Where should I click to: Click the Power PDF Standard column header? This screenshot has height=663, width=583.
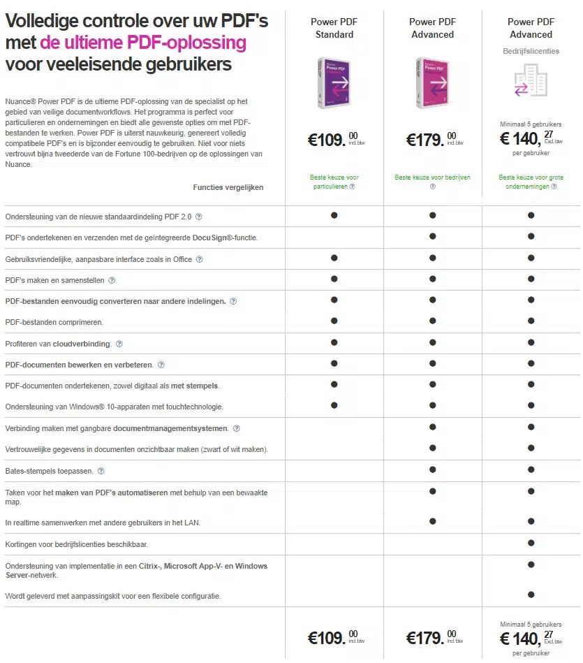tap(334, 28)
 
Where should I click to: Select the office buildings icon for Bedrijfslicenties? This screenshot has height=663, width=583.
tap(531, 80)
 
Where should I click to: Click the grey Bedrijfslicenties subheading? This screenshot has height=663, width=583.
tap(531, 51)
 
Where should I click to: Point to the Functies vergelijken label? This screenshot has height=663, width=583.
tap(228, 187)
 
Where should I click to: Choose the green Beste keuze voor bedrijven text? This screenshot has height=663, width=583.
tap(432, 177)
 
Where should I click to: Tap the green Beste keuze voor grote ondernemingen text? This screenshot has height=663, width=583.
tap(531, 182)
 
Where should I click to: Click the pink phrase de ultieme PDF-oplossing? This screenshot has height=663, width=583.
tap(143, 43)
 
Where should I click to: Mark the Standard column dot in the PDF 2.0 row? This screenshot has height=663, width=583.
tap(334, 215)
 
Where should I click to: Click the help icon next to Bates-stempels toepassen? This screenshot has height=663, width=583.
tap(101, 472)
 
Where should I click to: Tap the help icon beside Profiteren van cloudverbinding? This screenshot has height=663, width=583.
tap(119, 344)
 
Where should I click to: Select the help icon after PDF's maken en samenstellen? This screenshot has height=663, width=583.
tap(112, 280)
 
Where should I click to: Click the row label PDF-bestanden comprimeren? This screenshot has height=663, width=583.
tap(54, 322)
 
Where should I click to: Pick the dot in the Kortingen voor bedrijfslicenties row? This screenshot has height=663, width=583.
tap(531, 543)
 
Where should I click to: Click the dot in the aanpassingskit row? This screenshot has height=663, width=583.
tap(531, 595)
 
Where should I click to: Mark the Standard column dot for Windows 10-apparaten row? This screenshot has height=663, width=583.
tap(334, 405)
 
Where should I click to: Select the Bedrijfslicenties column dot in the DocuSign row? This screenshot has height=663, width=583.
tap(531, 236)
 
